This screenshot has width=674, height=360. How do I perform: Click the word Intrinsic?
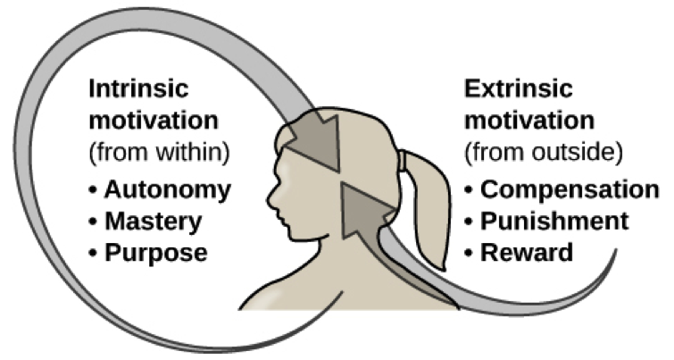(137, 91)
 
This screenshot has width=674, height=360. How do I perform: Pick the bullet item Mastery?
(154, 221)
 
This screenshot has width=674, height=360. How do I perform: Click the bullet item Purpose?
(156, 252)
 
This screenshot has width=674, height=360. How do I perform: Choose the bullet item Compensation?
(570, 189)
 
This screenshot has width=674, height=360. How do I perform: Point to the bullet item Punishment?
(554, 221)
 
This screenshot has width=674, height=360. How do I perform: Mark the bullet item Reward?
(527, 252)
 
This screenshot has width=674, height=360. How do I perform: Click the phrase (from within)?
(159, 152)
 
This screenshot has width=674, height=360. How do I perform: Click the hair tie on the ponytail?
(404, 161)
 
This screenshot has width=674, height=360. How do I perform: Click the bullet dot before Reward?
(470, 253)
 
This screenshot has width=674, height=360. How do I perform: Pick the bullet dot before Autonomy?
(93, 190)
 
